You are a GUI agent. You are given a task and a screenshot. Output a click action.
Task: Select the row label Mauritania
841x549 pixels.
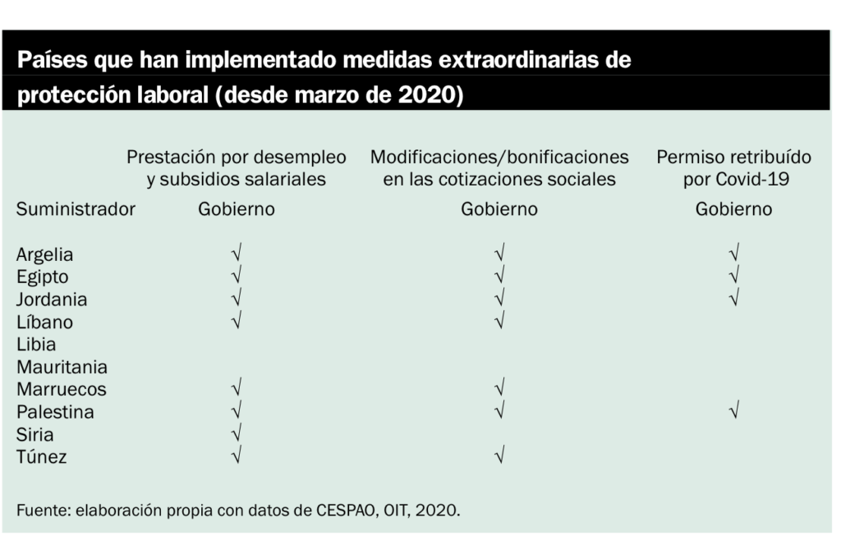pyautogui.click(x=62, y=367)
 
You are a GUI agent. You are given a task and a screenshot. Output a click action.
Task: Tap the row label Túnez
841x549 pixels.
pyautogui.click(x=41, y=457)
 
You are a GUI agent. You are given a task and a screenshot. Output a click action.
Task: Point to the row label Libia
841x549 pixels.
pyautogui.click(x=36, y=344)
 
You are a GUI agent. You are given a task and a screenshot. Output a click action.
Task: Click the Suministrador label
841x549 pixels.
pyautogui.click(x=76, y=209)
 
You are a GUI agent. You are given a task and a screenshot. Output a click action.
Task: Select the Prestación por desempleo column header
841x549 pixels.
pyautogui.click(x=237, y=167)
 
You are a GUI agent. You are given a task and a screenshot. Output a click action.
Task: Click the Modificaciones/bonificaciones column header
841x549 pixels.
pyautogui.click(x=499, y=167)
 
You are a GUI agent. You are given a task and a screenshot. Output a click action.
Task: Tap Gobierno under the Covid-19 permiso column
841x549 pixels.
pyautogui.click(x=733, y=209)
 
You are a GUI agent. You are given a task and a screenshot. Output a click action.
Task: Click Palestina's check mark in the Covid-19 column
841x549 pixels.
pyautogui.click(x=733, y=411)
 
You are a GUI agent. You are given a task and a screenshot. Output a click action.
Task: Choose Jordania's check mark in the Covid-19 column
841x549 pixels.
pyautogui.click(x=733, y=299)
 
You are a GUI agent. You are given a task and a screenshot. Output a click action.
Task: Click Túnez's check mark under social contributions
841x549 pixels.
pyautogui.click(x=499, y=456)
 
